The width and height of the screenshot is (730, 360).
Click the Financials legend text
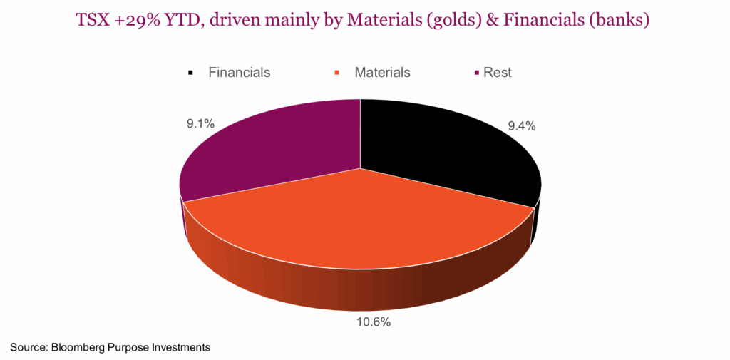239,72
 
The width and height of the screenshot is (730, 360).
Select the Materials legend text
382,72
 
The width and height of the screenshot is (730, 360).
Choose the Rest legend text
497,72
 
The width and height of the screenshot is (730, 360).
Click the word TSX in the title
96,21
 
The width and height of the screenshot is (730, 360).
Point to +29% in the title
140,21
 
